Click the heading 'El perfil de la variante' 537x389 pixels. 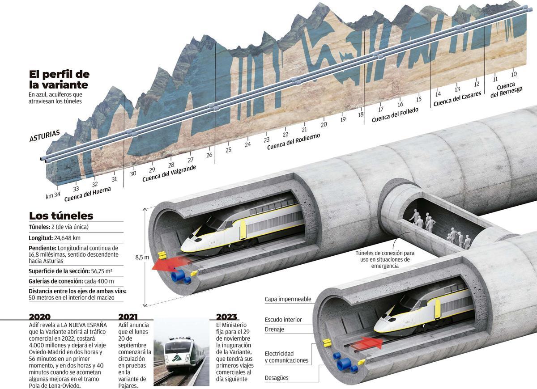coord(59,79)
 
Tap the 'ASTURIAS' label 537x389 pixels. coord(45,136)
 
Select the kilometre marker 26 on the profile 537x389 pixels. coord(209,155)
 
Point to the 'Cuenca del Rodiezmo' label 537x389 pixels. coord(294,141)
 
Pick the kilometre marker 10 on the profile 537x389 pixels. coord(514,74)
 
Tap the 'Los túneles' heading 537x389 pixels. coord(61,216)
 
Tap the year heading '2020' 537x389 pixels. coord(40,316)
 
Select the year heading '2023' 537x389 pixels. coord(226,316)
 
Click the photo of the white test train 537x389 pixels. coord(181,352)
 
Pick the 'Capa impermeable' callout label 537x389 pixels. coord(288,299)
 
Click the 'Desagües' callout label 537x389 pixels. coord(277,378)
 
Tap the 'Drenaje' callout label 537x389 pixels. coord(274,330)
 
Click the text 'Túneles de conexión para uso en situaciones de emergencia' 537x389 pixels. coord(384,259)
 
